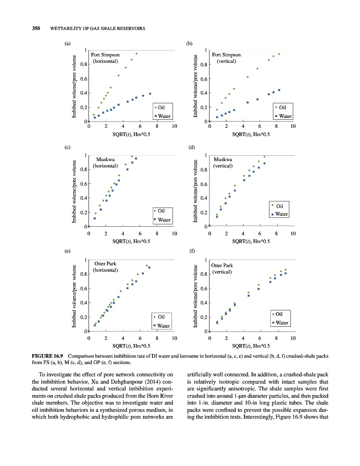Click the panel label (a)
pos(67,44)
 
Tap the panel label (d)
pos(192,147)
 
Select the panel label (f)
pos(192,250)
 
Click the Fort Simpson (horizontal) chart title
pos(105,57)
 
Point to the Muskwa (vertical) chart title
pos(223,162)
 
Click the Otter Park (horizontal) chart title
pos(105,267)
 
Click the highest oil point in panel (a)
pos(136,54)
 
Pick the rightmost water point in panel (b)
pos(279,90)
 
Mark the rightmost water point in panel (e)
pos(149,268)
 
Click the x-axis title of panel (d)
pos(251,242)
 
